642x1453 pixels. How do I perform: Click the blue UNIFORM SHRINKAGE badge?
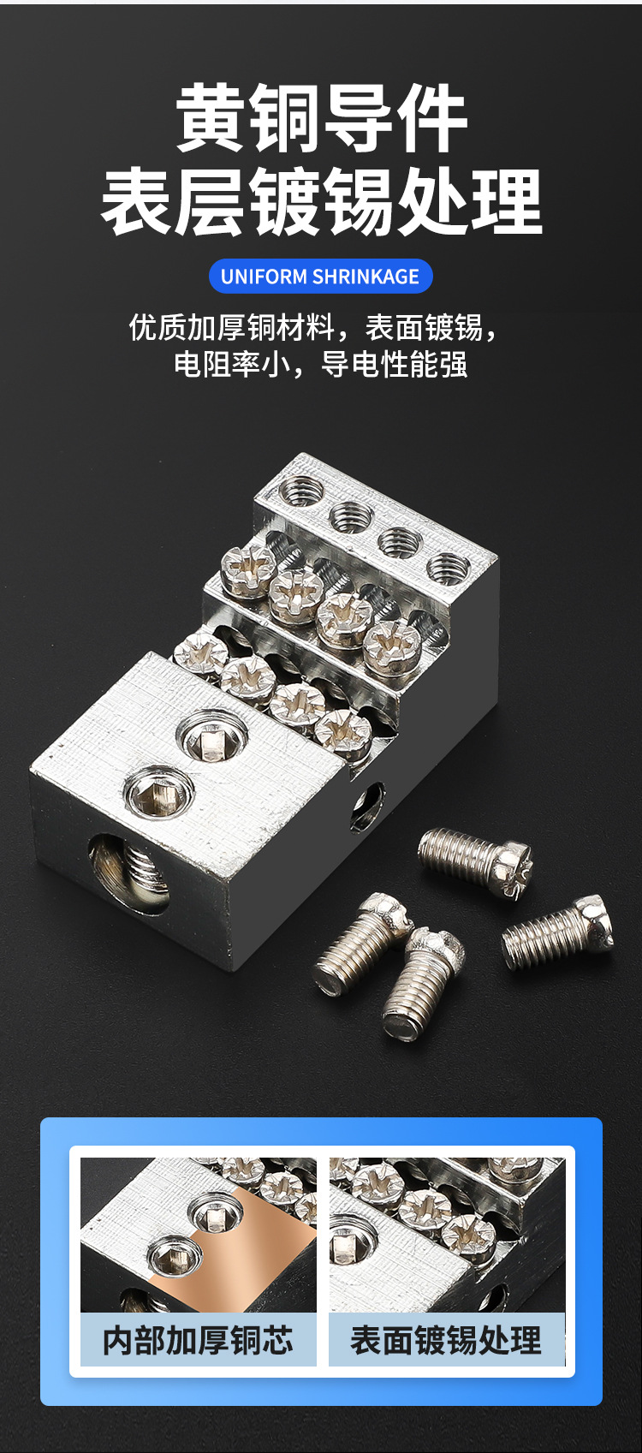click(320, 277)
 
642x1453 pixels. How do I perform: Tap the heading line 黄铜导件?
click(322, 119)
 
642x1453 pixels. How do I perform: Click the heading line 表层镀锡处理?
click(322, 201)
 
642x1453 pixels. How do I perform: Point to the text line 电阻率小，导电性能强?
click(320, 364)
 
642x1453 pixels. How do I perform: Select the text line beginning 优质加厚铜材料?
click(314, 328)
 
